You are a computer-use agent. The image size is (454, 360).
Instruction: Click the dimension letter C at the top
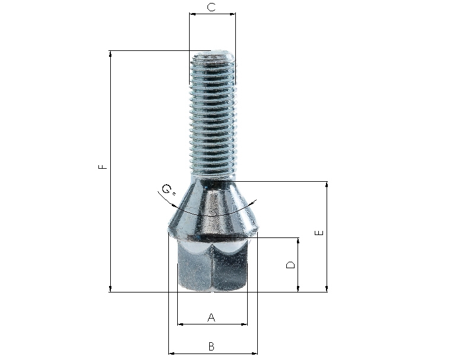pos(212,7)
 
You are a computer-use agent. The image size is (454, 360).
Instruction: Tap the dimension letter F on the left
pos(103,166)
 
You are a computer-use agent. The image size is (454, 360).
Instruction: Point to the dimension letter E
pos(319,233)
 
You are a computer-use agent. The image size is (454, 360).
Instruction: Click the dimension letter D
pos(290,265)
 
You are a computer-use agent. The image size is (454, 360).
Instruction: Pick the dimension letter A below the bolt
pos(212,317)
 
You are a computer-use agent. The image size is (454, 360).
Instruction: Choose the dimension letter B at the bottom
pos(212,346)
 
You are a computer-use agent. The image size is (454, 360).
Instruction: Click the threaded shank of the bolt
pos(213,115)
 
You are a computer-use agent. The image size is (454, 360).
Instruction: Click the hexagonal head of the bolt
pos(213,265)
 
